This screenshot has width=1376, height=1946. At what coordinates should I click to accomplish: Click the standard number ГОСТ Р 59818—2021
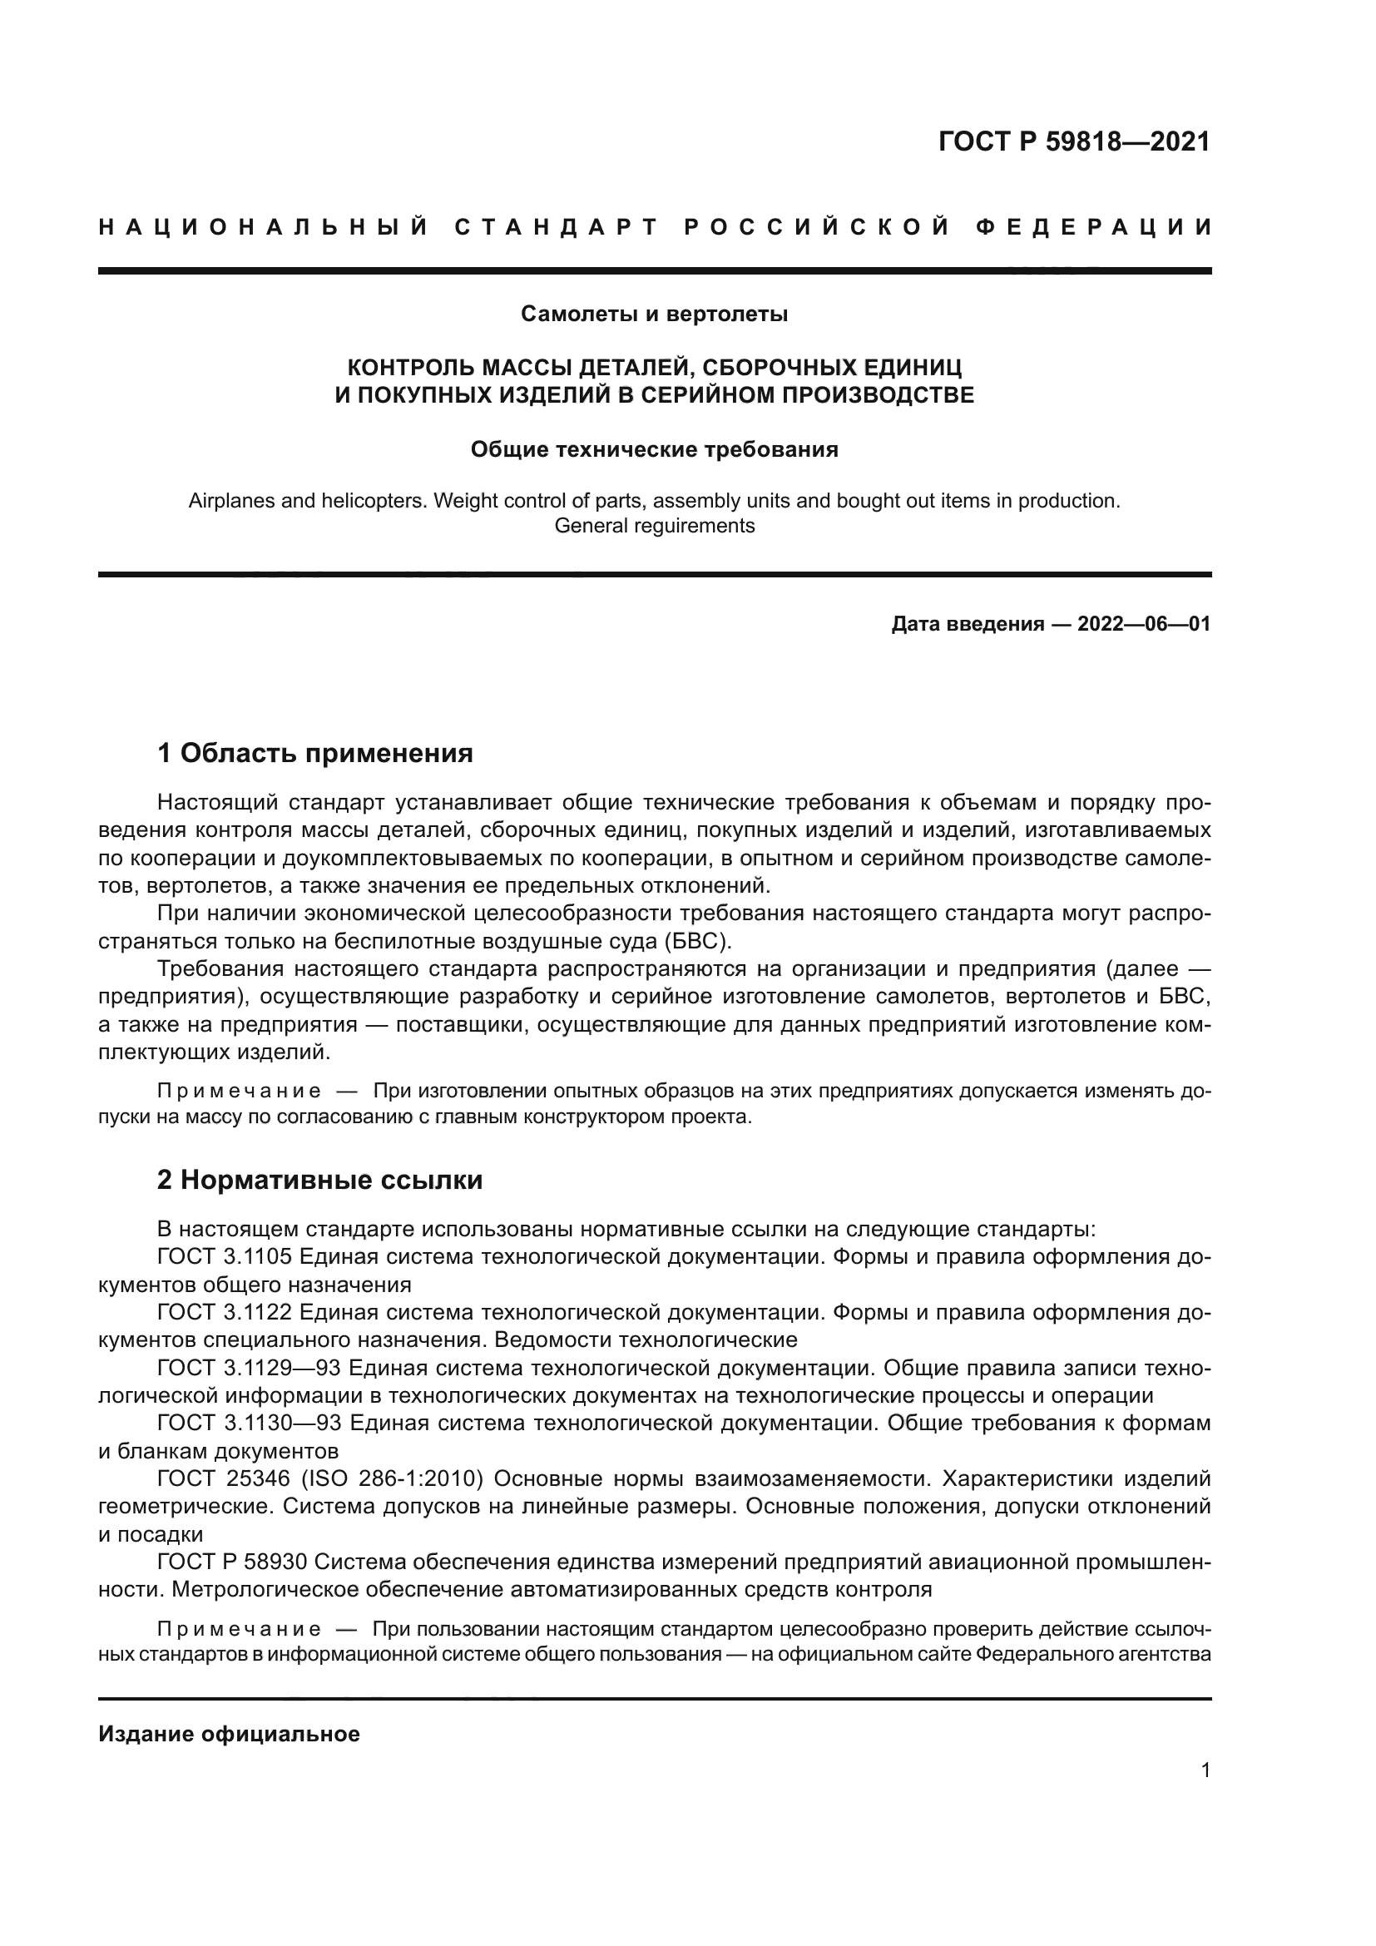1073,141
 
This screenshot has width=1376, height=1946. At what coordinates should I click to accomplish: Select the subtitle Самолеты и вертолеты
654,314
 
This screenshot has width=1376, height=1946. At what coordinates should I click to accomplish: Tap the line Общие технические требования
654,449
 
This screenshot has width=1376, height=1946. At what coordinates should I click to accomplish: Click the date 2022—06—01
1143,625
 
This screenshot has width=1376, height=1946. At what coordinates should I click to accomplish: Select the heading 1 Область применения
314,753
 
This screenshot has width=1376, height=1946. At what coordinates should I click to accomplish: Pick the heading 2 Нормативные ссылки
319,1180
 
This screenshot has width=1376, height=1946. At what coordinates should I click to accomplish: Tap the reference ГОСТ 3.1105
225,1257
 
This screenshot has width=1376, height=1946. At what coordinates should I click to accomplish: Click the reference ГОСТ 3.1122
225,1312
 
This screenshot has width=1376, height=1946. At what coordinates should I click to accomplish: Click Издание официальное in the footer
229,1734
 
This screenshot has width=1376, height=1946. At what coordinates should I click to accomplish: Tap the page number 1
1205,1770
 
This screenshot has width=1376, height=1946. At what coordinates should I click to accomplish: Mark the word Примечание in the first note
239,1091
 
